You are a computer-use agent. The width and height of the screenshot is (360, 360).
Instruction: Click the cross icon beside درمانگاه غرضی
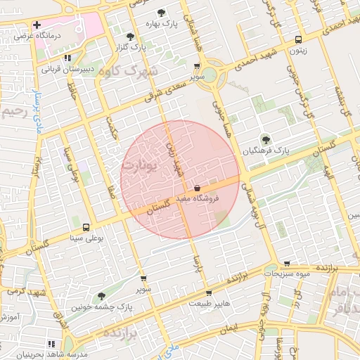(x=37, y=25)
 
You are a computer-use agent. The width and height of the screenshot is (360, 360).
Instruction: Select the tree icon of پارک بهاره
(x=162, y=13)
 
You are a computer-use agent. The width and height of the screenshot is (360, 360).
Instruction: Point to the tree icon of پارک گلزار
(x=129, y=37)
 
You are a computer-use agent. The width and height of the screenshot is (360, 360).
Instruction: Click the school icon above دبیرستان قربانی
(x=67, y=58)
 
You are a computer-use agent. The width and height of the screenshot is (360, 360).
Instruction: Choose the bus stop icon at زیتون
(x=299, y=40)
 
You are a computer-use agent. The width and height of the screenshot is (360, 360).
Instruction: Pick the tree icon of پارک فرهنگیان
(x=265, y=139)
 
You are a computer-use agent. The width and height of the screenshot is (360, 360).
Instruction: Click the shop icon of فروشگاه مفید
(x=196, y=188)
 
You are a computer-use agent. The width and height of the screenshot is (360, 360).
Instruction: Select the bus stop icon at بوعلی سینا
(x=86, y=228)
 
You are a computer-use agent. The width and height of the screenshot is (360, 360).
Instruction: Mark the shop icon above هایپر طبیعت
(x=208, y=293)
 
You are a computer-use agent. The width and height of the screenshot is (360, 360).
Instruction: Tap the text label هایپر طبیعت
(x=208, y=304)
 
